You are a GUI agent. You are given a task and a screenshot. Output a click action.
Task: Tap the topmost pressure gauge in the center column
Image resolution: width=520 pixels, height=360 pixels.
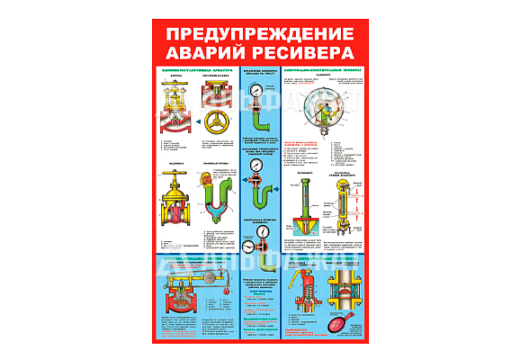pyautogui.click(x=258, y=90)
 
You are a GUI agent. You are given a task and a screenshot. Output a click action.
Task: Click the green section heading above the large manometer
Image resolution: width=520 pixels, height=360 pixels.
pyautogui.click(x=325, y=68)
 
